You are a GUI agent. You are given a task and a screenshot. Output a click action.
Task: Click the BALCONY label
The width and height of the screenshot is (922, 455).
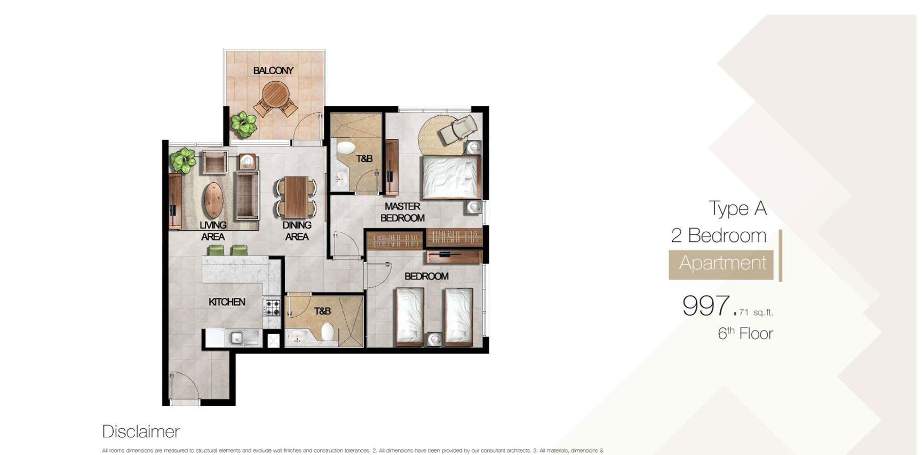[x=273, y=70]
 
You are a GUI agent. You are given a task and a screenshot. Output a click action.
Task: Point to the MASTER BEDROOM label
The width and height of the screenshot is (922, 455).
[x=402, y=212]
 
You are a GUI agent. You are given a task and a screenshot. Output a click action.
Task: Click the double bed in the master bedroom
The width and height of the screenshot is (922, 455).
[x=449, y=177]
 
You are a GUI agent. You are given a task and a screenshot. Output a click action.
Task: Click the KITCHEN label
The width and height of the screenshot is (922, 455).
[x=227, y=302]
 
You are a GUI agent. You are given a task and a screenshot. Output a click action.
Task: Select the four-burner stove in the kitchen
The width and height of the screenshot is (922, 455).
[x=273, y=308]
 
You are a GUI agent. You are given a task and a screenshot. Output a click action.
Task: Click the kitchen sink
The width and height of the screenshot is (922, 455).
[x=235, y=337]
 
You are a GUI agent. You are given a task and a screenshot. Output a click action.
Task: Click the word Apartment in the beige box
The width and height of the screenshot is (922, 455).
[x=722, y=263]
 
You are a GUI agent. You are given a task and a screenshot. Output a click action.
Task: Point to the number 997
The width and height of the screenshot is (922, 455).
[x=706, y=306]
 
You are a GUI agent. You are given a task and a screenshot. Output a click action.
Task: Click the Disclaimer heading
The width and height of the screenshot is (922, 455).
[x=141, y=432]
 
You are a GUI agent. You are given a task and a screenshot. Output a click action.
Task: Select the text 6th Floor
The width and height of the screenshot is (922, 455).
[x=745, y=334]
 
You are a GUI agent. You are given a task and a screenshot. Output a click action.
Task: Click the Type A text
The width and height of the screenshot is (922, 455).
[x=737, y=208]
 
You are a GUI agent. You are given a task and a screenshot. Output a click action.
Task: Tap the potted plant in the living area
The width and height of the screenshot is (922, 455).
[x=183, y=160]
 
